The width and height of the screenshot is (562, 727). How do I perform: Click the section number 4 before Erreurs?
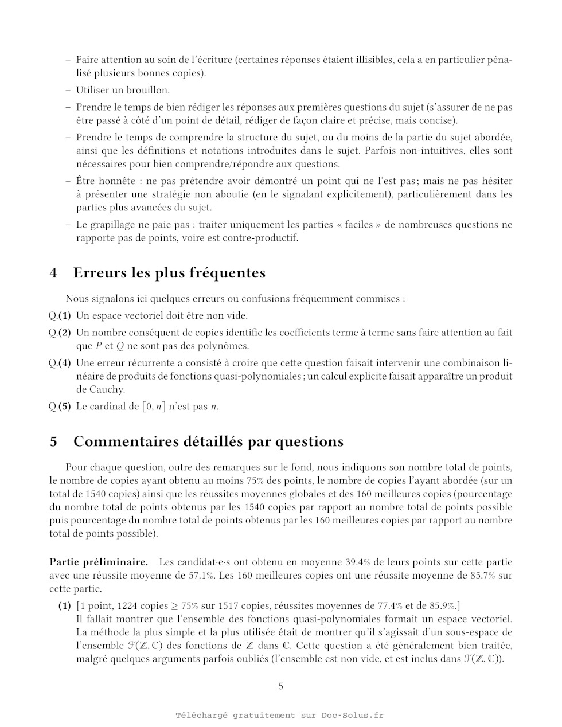click(x=53, y=273)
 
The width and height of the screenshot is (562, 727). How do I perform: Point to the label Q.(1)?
click(x=60, y=315)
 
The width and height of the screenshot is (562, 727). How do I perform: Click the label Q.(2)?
click(x=60, y=333)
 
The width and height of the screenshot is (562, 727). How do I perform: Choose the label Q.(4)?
click(x=60, y=363)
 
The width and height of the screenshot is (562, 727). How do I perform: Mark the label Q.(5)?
click(x=60, y=407)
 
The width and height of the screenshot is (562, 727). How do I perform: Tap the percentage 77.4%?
click(x=389, y=606)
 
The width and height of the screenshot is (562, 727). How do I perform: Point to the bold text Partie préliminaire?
click(x=99, y=562)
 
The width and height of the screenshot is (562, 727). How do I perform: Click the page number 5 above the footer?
click(x=280, y=686)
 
